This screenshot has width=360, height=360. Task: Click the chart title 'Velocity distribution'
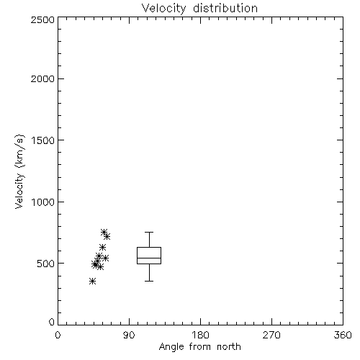coord(199,9)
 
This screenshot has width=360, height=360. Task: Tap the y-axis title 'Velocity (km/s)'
coord(19,171)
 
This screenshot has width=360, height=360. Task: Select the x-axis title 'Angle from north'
coord(199,347)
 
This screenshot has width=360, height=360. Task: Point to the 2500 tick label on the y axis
coord(42,19)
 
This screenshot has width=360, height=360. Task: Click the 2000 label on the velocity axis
coord(42,78)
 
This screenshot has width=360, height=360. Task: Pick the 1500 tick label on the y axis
coord(43,140)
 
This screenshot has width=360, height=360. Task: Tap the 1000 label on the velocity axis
coord(43,202)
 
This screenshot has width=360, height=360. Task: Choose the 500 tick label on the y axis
coord(46,264)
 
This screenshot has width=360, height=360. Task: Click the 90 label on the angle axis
coord(129,335)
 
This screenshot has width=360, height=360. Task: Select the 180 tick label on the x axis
coord(200,335)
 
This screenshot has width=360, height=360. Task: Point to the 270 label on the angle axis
coord(271,335)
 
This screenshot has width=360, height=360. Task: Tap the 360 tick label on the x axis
coord(343,335)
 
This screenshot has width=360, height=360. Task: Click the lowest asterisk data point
coord(92,281)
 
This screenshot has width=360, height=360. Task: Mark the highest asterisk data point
coord(104,232)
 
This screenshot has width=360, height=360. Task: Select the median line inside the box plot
coord(149,258)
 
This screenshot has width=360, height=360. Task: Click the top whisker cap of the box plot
coord(149,232)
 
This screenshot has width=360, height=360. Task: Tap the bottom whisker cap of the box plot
coord(149,281)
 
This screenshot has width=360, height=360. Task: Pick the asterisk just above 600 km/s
coord(102,247)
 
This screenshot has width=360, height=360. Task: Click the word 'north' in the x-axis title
coord(229,347)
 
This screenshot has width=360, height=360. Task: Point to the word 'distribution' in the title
coord(225,9)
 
